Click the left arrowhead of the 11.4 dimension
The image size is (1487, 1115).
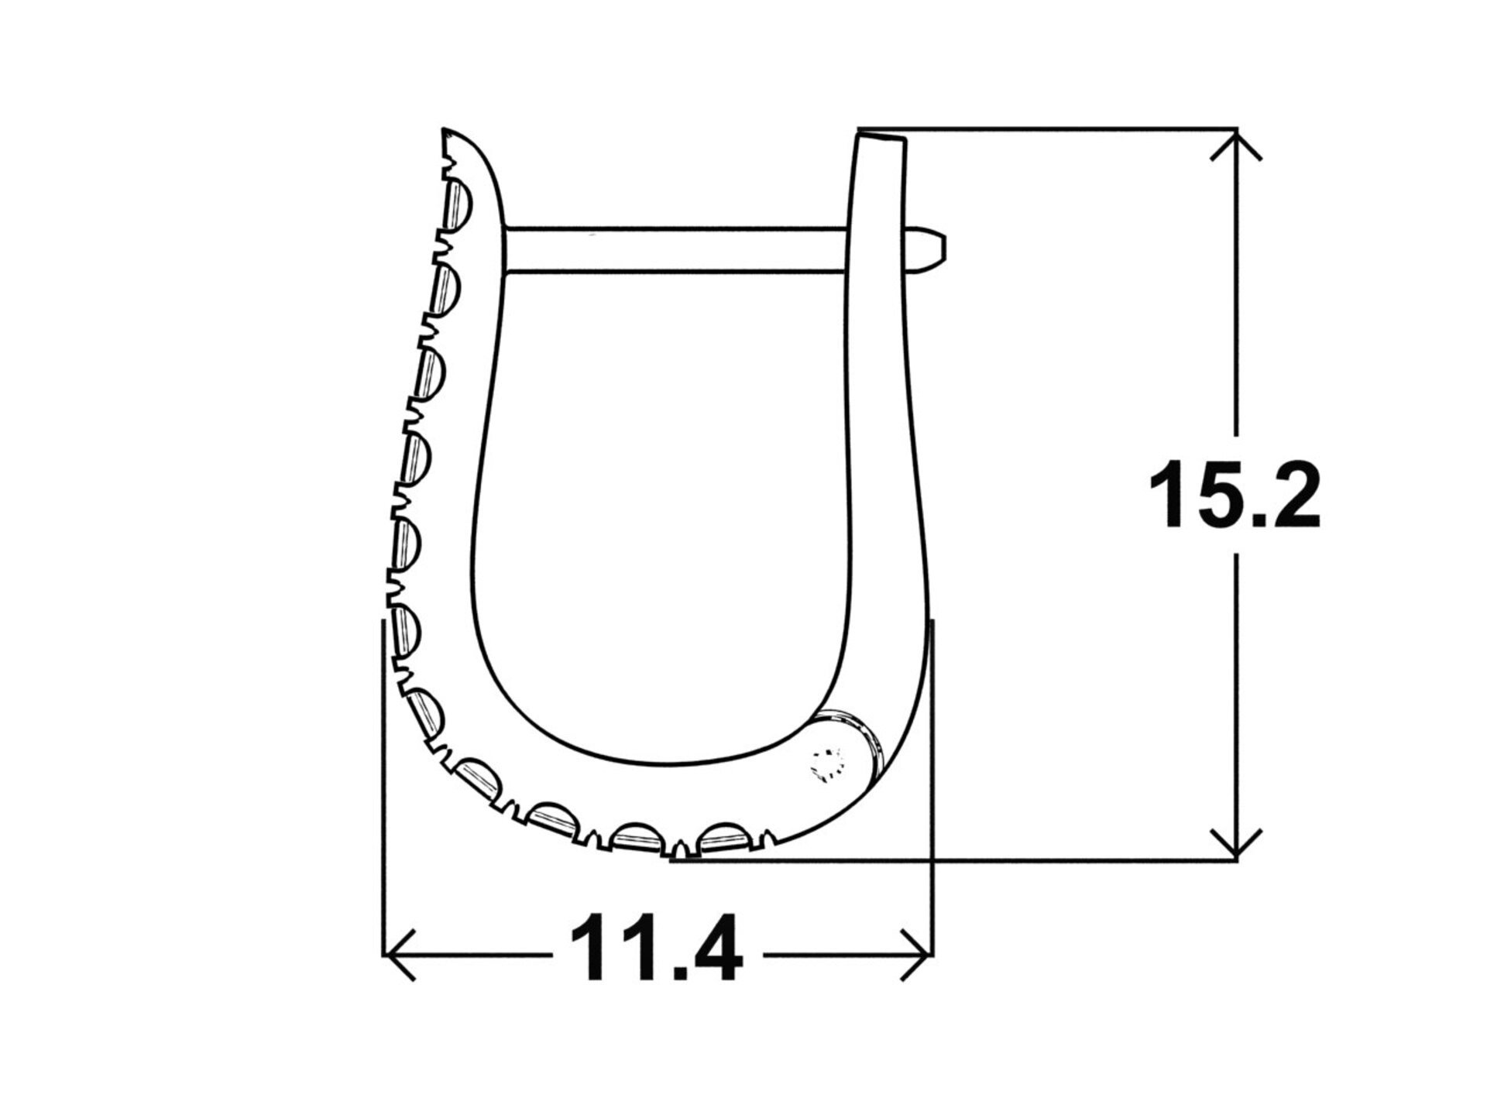click(x=400, y=955)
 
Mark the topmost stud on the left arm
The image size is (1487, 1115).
click(x=458, y=203)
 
